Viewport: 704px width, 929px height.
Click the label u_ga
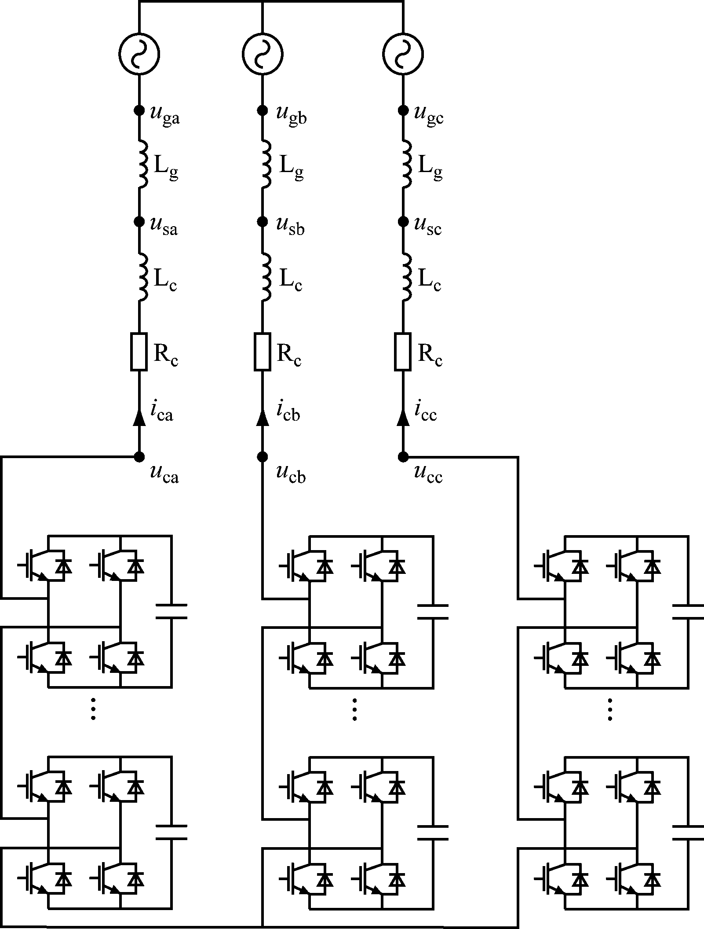(165, 116)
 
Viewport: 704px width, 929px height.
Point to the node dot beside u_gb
(262, 110)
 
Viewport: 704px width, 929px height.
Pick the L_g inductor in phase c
(406, 164)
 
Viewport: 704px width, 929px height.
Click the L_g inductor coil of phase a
(142, 164)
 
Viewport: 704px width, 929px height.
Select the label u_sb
(290, 226)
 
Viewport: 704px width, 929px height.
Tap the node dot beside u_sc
(403, 221)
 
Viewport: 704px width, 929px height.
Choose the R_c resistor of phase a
(139, 352)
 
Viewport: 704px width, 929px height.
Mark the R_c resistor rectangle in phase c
(403, 352)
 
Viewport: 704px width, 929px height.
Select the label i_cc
(426, 412)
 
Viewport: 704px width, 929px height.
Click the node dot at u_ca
(139, 457)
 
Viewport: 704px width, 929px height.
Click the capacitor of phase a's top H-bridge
(171, 611)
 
